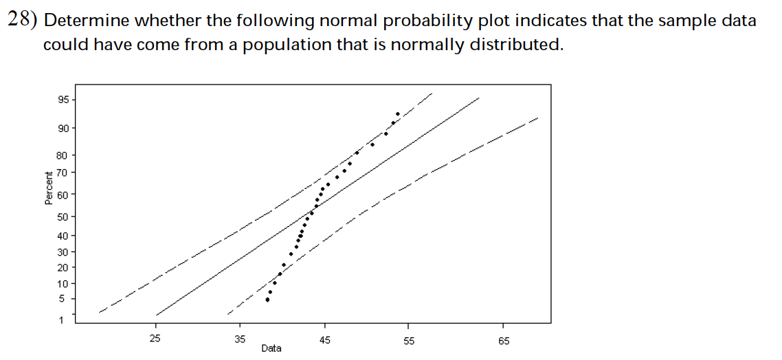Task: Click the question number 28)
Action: pos(22,20)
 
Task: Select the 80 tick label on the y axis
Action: pos(62,156)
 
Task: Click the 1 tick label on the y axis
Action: pos(60,319)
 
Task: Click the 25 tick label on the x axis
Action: pos(155,339)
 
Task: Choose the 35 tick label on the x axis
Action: pos(240,339)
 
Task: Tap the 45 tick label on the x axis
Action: pos(324,339)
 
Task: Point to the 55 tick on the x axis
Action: pos(408,339)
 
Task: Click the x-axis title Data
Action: pos(271,348)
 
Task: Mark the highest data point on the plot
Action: pos(398,114)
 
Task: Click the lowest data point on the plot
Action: pos(267,300)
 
